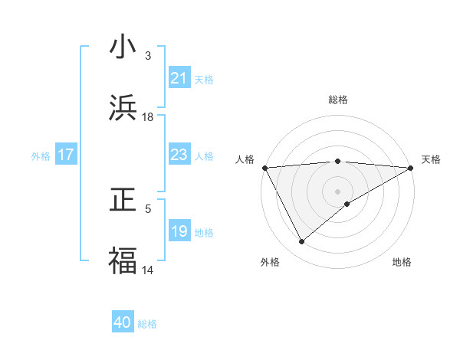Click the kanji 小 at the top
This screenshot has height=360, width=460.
(123, 47)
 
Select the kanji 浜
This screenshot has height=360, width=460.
(123, 108)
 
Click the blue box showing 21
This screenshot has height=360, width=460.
(179, 78)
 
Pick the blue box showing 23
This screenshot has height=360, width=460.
(179, 155)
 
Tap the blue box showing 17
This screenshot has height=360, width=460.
(66, 155)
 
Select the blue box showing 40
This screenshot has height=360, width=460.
(123, 322)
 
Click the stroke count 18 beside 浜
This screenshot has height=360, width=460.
(148, 117)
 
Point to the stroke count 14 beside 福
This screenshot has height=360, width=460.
(148, 270)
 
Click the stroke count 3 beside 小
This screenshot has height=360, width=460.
(148, 56)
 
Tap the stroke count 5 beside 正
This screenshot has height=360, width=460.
(148, 208)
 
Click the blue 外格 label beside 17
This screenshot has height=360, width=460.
(41, 156)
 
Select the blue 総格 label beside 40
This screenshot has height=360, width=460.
(147, 324)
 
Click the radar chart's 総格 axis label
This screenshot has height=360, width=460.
(338, 100)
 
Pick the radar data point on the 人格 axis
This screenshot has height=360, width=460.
(264, 167)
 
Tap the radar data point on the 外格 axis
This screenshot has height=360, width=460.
(301, 241)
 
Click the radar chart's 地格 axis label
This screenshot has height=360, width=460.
(402, 262)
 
